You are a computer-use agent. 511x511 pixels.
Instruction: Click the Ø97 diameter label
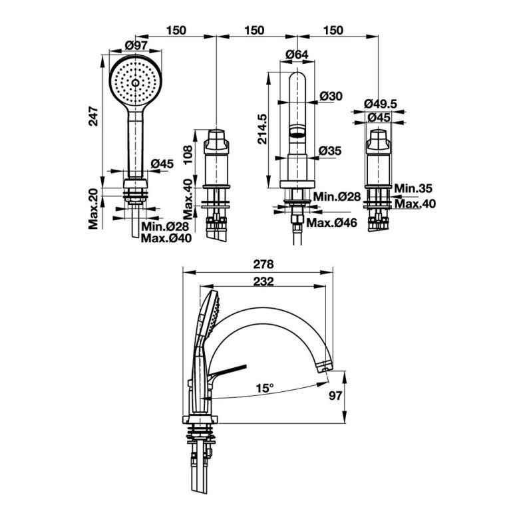pos(136,45)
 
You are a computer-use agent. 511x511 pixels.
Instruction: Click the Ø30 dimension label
pos(331,96)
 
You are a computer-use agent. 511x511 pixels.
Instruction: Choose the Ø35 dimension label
pos(330,151)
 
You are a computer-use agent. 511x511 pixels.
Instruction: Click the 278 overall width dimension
pos(259,264)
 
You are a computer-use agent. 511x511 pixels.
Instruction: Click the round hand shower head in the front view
pos(136,83)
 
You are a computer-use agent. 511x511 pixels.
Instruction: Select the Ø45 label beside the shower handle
pos(162,163)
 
